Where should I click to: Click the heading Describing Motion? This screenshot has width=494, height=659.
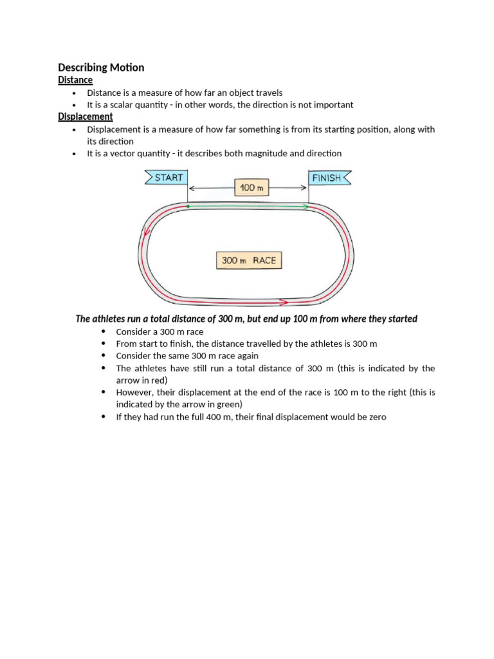(x=101, y=68)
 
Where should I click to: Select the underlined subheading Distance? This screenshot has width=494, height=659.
(x=75, y=80)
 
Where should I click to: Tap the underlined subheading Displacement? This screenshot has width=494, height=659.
(x=85, y=116)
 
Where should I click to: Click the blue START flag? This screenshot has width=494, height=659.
(x=166, y=177)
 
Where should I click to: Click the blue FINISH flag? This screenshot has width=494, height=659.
(x=329, y=178)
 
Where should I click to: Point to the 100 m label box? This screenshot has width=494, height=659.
(x=251, y=188)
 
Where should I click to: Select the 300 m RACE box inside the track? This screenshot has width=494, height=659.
(x=249, y=261)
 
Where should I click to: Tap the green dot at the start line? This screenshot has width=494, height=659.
(x=188, y=207)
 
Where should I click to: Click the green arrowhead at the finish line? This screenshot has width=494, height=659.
(x=305, y=207)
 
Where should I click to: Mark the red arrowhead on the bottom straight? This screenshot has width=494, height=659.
(x=283, y=301)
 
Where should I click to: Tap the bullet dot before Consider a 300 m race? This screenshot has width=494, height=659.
(x=104, y=331)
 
